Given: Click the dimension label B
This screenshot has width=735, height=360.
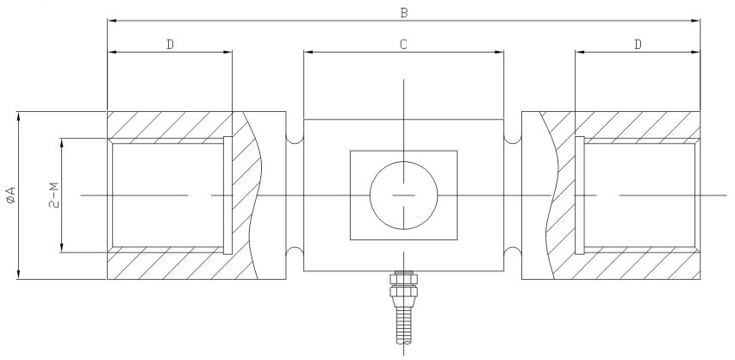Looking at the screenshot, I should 403,12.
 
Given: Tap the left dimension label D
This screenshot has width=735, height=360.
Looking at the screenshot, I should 170,44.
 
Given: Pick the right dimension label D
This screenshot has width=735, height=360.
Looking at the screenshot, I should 638,44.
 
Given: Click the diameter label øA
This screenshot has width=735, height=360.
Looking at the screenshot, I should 9,196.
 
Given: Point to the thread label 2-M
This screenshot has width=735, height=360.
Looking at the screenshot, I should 53,196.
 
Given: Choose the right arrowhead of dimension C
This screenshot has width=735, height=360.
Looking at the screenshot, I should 499,53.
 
